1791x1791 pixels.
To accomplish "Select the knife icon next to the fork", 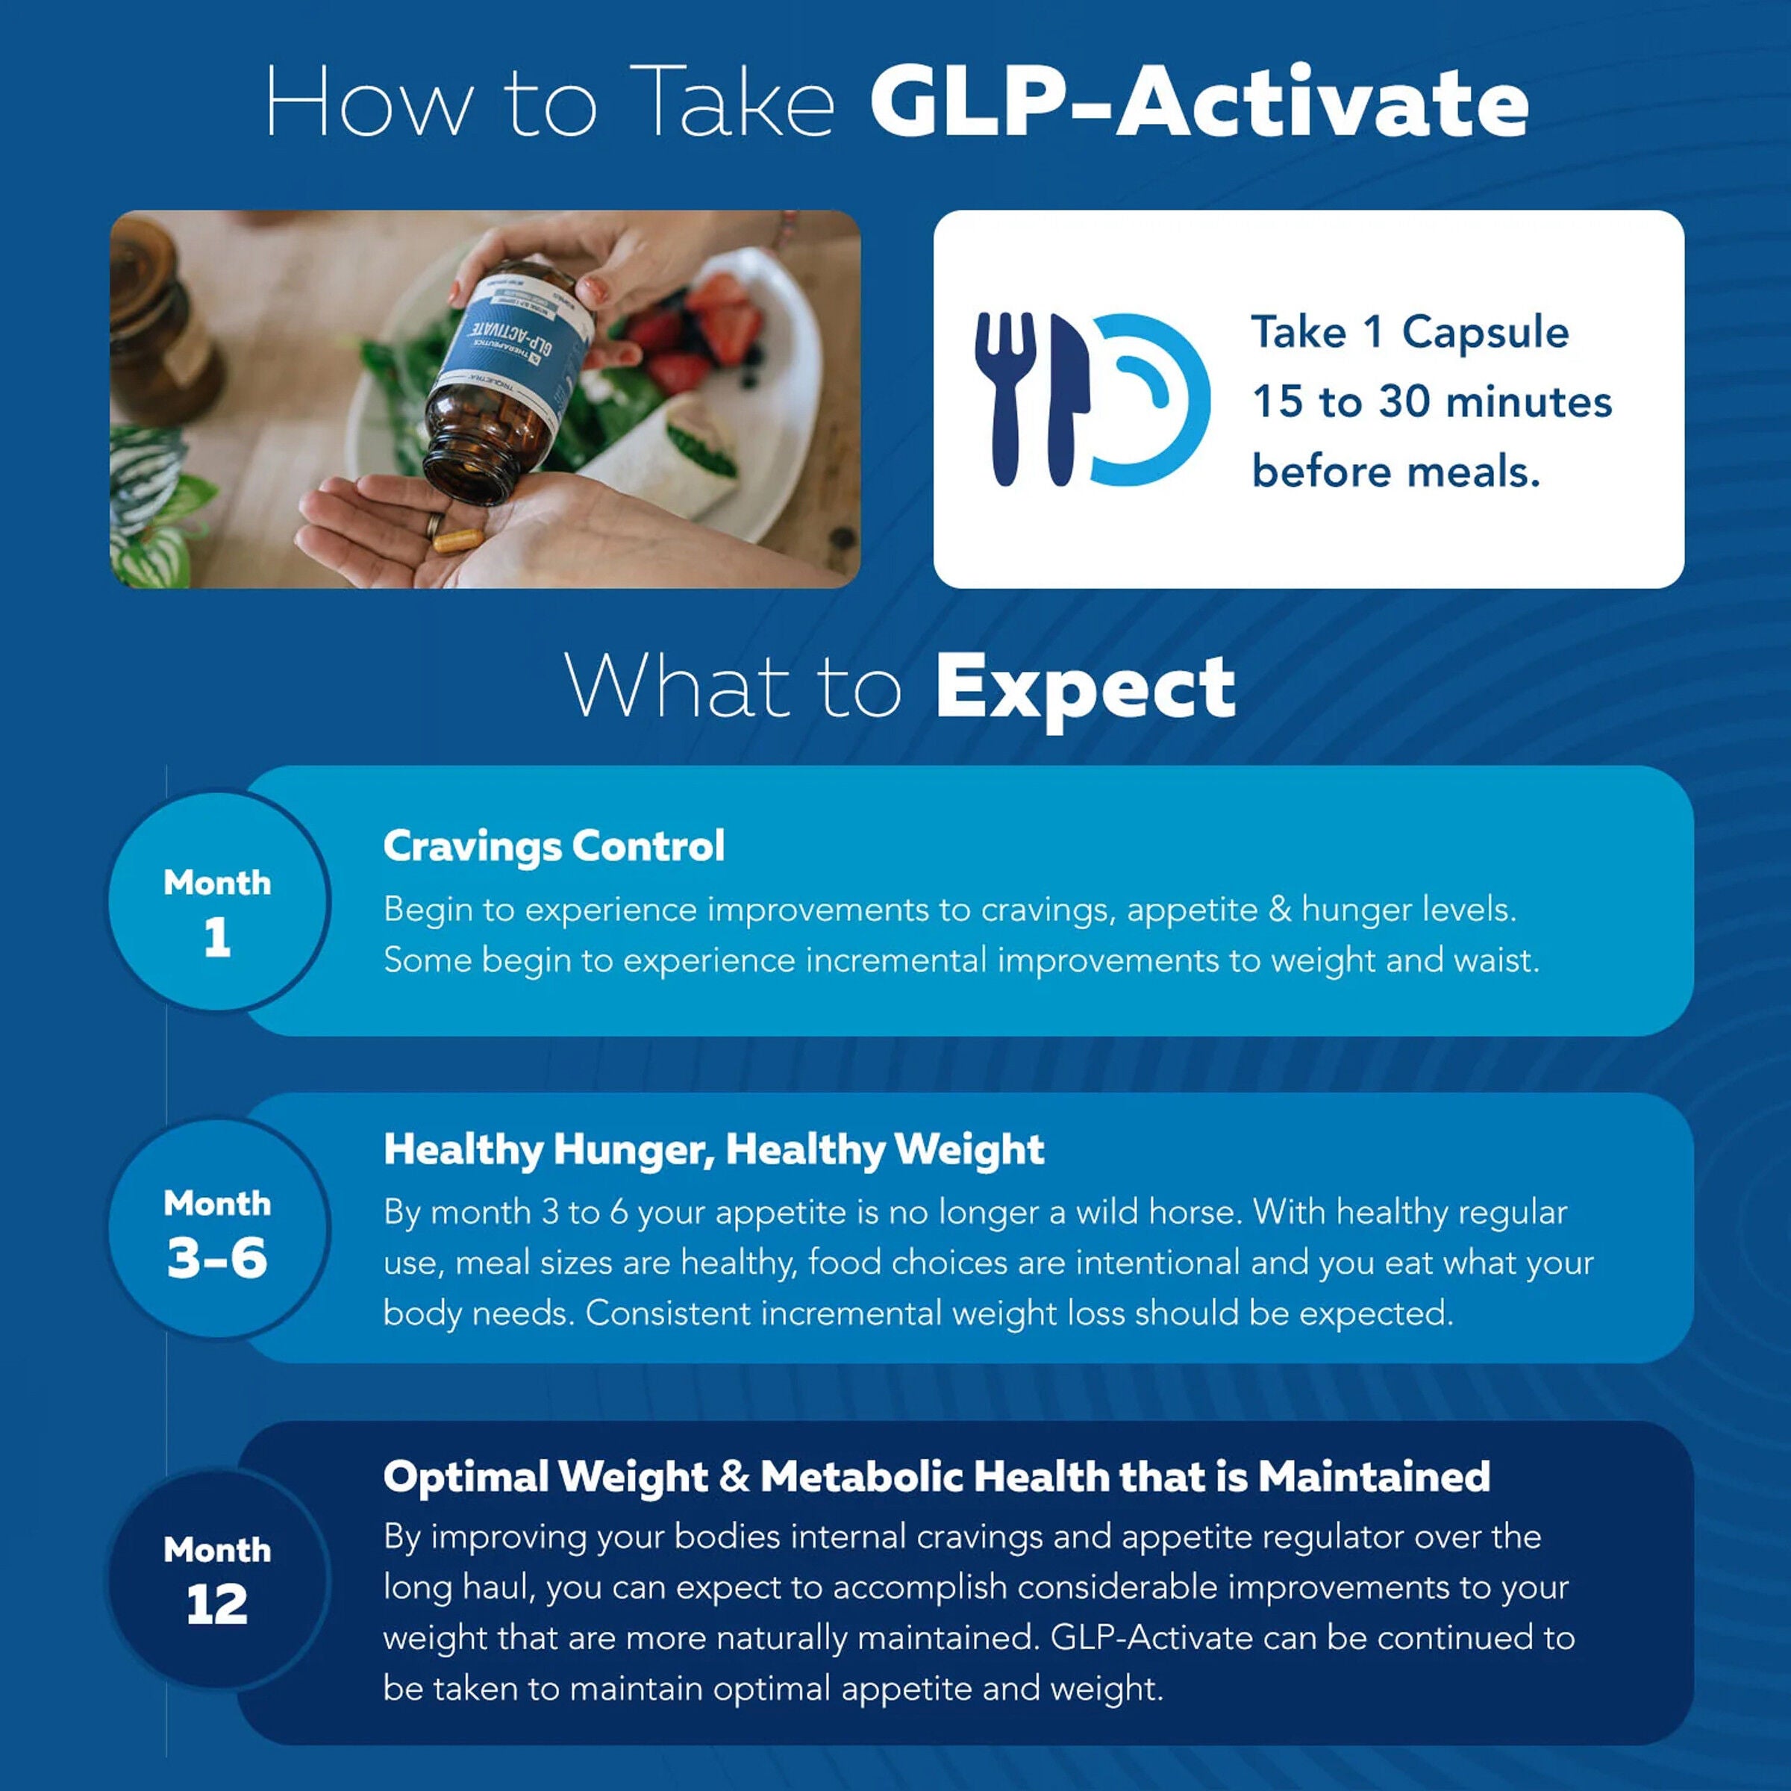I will pyautogui.click(x=1066, y=398).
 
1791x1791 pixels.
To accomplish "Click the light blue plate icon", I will pyautogui.click(x=1154, y=398).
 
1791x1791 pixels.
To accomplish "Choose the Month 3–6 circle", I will pyautogui.click(x=218, y=1228).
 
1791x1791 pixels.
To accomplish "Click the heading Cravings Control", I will pyautogui.click(x=554, y=846).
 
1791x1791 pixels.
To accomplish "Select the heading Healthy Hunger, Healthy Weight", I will pyautogui.click(x=714, y=1149).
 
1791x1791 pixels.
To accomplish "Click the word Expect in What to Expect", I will pyautogui.click(x=1084, y=688).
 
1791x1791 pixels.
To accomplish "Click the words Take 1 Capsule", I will pyautogui.click(x=1409, y=332).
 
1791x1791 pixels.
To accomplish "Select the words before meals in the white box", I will pyautogui.click(x=1395, y=471).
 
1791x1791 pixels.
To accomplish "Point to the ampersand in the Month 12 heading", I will pyautogui.click(x=734, y=1476).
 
